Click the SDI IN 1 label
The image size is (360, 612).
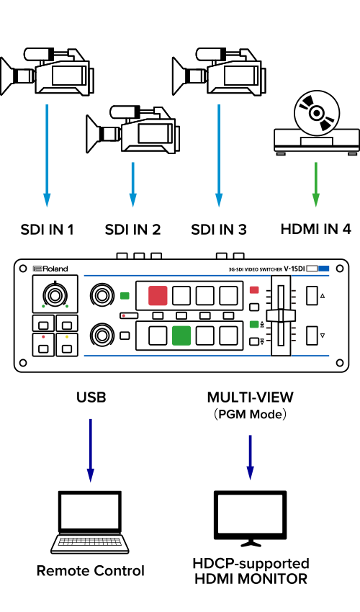point(47,230)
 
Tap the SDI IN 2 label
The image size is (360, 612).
point(132,230)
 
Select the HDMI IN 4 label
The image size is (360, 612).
point(316,229)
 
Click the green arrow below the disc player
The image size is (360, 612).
point(316,184)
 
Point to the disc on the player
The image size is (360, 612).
point(317,113)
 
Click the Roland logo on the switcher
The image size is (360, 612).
point(50,269)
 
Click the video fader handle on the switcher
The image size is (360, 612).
point(280,315)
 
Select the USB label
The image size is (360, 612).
point(91,397)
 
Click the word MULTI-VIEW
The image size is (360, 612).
point(251,397)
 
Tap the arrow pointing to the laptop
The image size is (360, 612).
point(91,451)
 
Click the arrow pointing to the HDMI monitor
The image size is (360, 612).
point(251,457)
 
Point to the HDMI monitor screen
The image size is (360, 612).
point(251,514)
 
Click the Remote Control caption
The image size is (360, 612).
point(91,571)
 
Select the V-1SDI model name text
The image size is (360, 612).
point(294,269)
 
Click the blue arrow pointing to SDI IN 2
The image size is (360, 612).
point(132,184)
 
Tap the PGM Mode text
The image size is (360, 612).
point(250,414)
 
